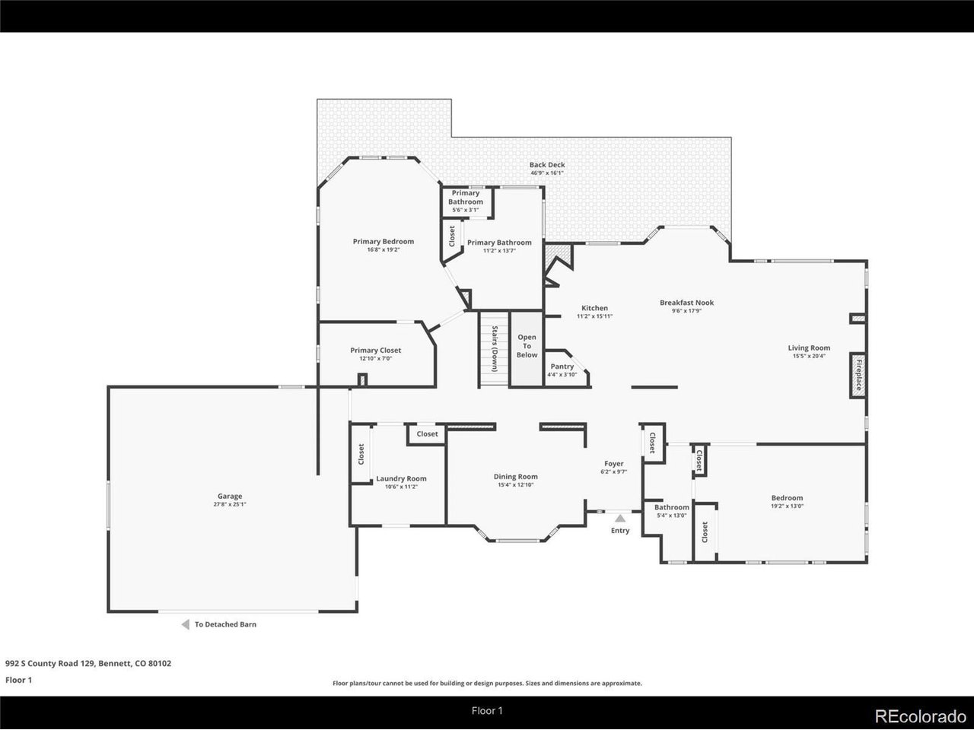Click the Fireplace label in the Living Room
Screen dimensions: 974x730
coord(858,375)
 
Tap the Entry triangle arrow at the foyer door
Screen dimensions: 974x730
coord(620,518)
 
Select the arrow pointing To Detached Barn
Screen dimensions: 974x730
coord(186,624)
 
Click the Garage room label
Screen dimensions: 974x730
coord(230,496)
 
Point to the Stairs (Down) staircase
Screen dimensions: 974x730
coord(495,349)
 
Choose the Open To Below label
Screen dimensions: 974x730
coord(527,346)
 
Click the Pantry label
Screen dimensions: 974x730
coord(562,366)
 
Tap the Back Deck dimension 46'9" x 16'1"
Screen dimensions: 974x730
coord(547,173)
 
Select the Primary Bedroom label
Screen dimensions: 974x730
coord(384,241)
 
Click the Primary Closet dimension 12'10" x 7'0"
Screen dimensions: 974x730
coord(375,358)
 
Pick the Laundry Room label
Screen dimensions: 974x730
coord(401,478)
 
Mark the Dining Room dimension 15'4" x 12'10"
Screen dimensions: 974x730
coord(516,484)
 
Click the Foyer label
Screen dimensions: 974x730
coord(613,463)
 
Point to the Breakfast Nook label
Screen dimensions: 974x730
coord(686,303)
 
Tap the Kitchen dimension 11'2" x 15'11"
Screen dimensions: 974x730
coord(594,316)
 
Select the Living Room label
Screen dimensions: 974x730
coord(809,348)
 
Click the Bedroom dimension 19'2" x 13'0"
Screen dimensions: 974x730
coord(787,506)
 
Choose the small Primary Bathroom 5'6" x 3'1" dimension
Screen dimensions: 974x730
coord(466,210)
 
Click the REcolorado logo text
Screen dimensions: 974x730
coord(920,716)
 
